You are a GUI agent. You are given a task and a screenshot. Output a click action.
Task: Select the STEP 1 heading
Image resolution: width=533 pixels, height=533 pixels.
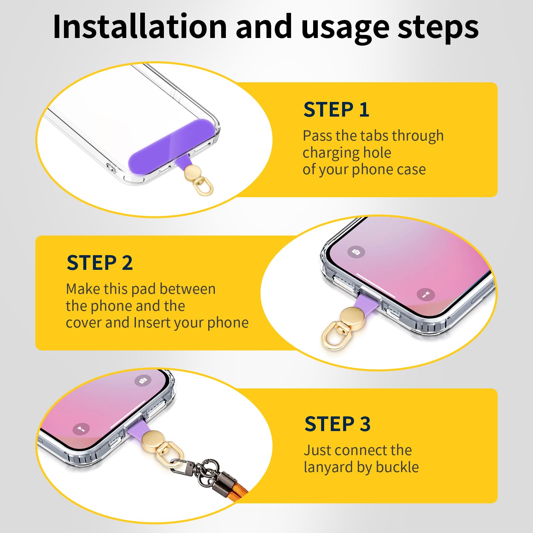click(x=336, y=110)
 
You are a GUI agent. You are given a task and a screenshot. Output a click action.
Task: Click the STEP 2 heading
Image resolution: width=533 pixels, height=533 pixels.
click(x=100, y=263)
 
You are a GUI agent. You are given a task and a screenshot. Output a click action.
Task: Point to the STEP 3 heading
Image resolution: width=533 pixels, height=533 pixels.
click(x=337, y=424)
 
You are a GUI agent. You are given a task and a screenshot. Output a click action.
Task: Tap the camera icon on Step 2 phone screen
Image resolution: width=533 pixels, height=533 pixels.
click(x=356, y=252)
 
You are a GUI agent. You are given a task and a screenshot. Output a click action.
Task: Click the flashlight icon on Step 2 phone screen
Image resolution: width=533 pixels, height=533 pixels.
click(x=426, y=294)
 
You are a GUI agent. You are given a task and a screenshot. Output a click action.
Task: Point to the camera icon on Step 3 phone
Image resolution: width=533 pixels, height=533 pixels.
click(x=143, y=380)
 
